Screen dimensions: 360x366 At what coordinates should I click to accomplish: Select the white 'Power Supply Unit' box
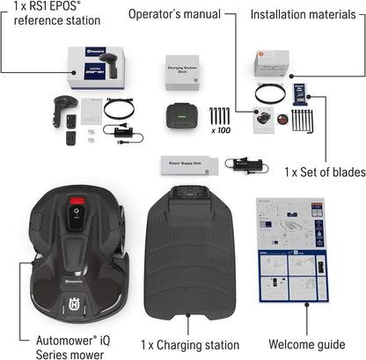coord(188,165)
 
